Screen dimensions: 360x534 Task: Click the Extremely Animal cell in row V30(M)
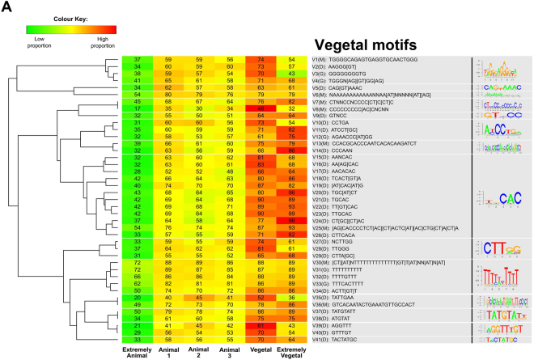pos(138,262)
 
